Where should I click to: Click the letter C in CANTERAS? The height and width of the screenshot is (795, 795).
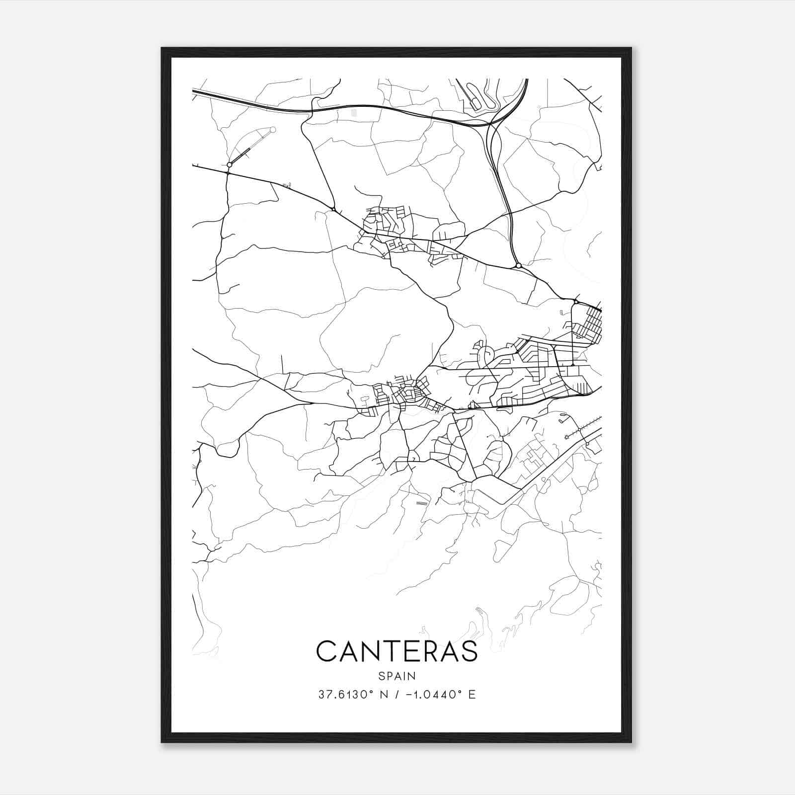[x=327, y=651]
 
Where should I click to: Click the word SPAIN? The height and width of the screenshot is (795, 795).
[x=397, y=676]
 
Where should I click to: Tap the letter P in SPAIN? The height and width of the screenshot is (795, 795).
[x=389, y=676]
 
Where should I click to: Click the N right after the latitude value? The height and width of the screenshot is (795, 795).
[x=383, y=694]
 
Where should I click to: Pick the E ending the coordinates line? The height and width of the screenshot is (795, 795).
[x=472, y=694]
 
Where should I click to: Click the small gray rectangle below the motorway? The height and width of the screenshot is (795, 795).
[x=354, y=113]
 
